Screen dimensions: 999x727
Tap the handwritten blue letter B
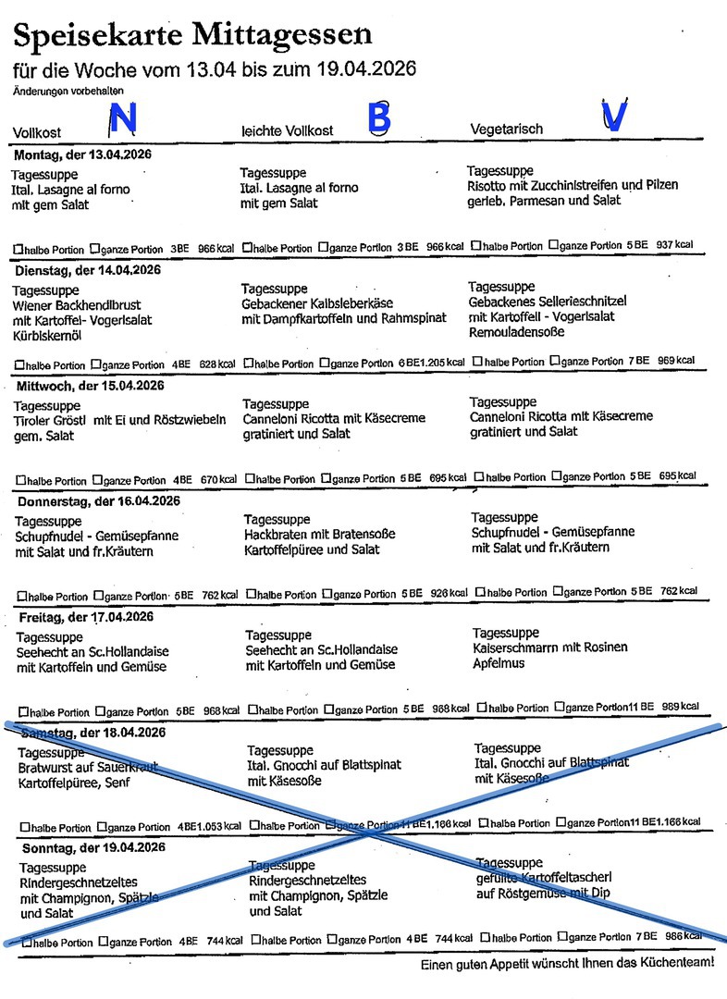(x=379, y=118)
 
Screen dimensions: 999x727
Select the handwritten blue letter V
(x=613, y=116)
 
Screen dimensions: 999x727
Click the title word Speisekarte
(x=95, y=36)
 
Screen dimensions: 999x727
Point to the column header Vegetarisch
(x=507, y=129)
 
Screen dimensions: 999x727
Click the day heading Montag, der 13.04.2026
(x=83, y=154)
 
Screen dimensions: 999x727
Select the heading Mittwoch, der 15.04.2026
(x=89, y=386)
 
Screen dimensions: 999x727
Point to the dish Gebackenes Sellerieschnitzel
(x=548, y=302)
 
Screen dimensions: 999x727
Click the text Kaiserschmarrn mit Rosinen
(x=549, y=647)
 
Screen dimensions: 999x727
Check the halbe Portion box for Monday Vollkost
(x=18, y=249)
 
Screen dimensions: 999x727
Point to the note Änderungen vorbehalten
(x=68, y=91)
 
